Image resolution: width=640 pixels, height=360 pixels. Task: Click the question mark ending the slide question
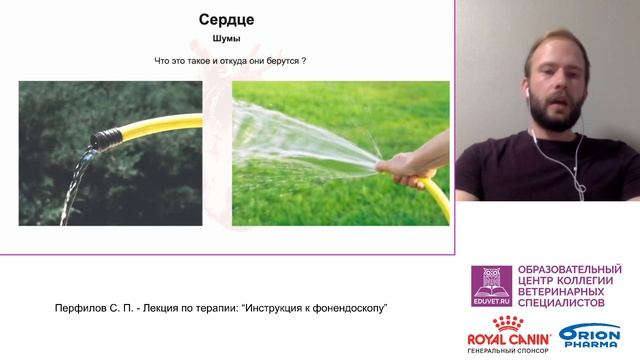(x=303, y=61)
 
